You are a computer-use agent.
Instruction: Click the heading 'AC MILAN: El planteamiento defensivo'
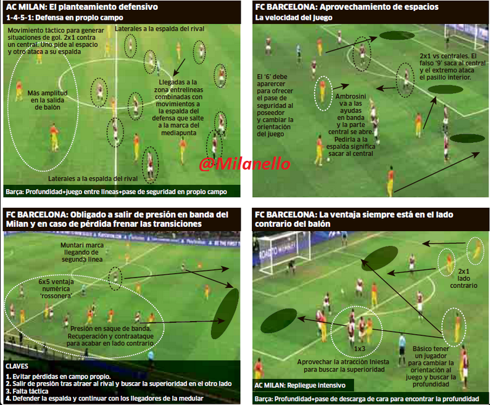(x=82, y=7)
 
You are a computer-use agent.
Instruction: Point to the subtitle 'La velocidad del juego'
(x=294, y=18)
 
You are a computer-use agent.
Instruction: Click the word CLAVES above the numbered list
(x=17, y=365)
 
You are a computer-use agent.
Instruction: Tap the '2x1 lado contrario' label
(x=465, y=279)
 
